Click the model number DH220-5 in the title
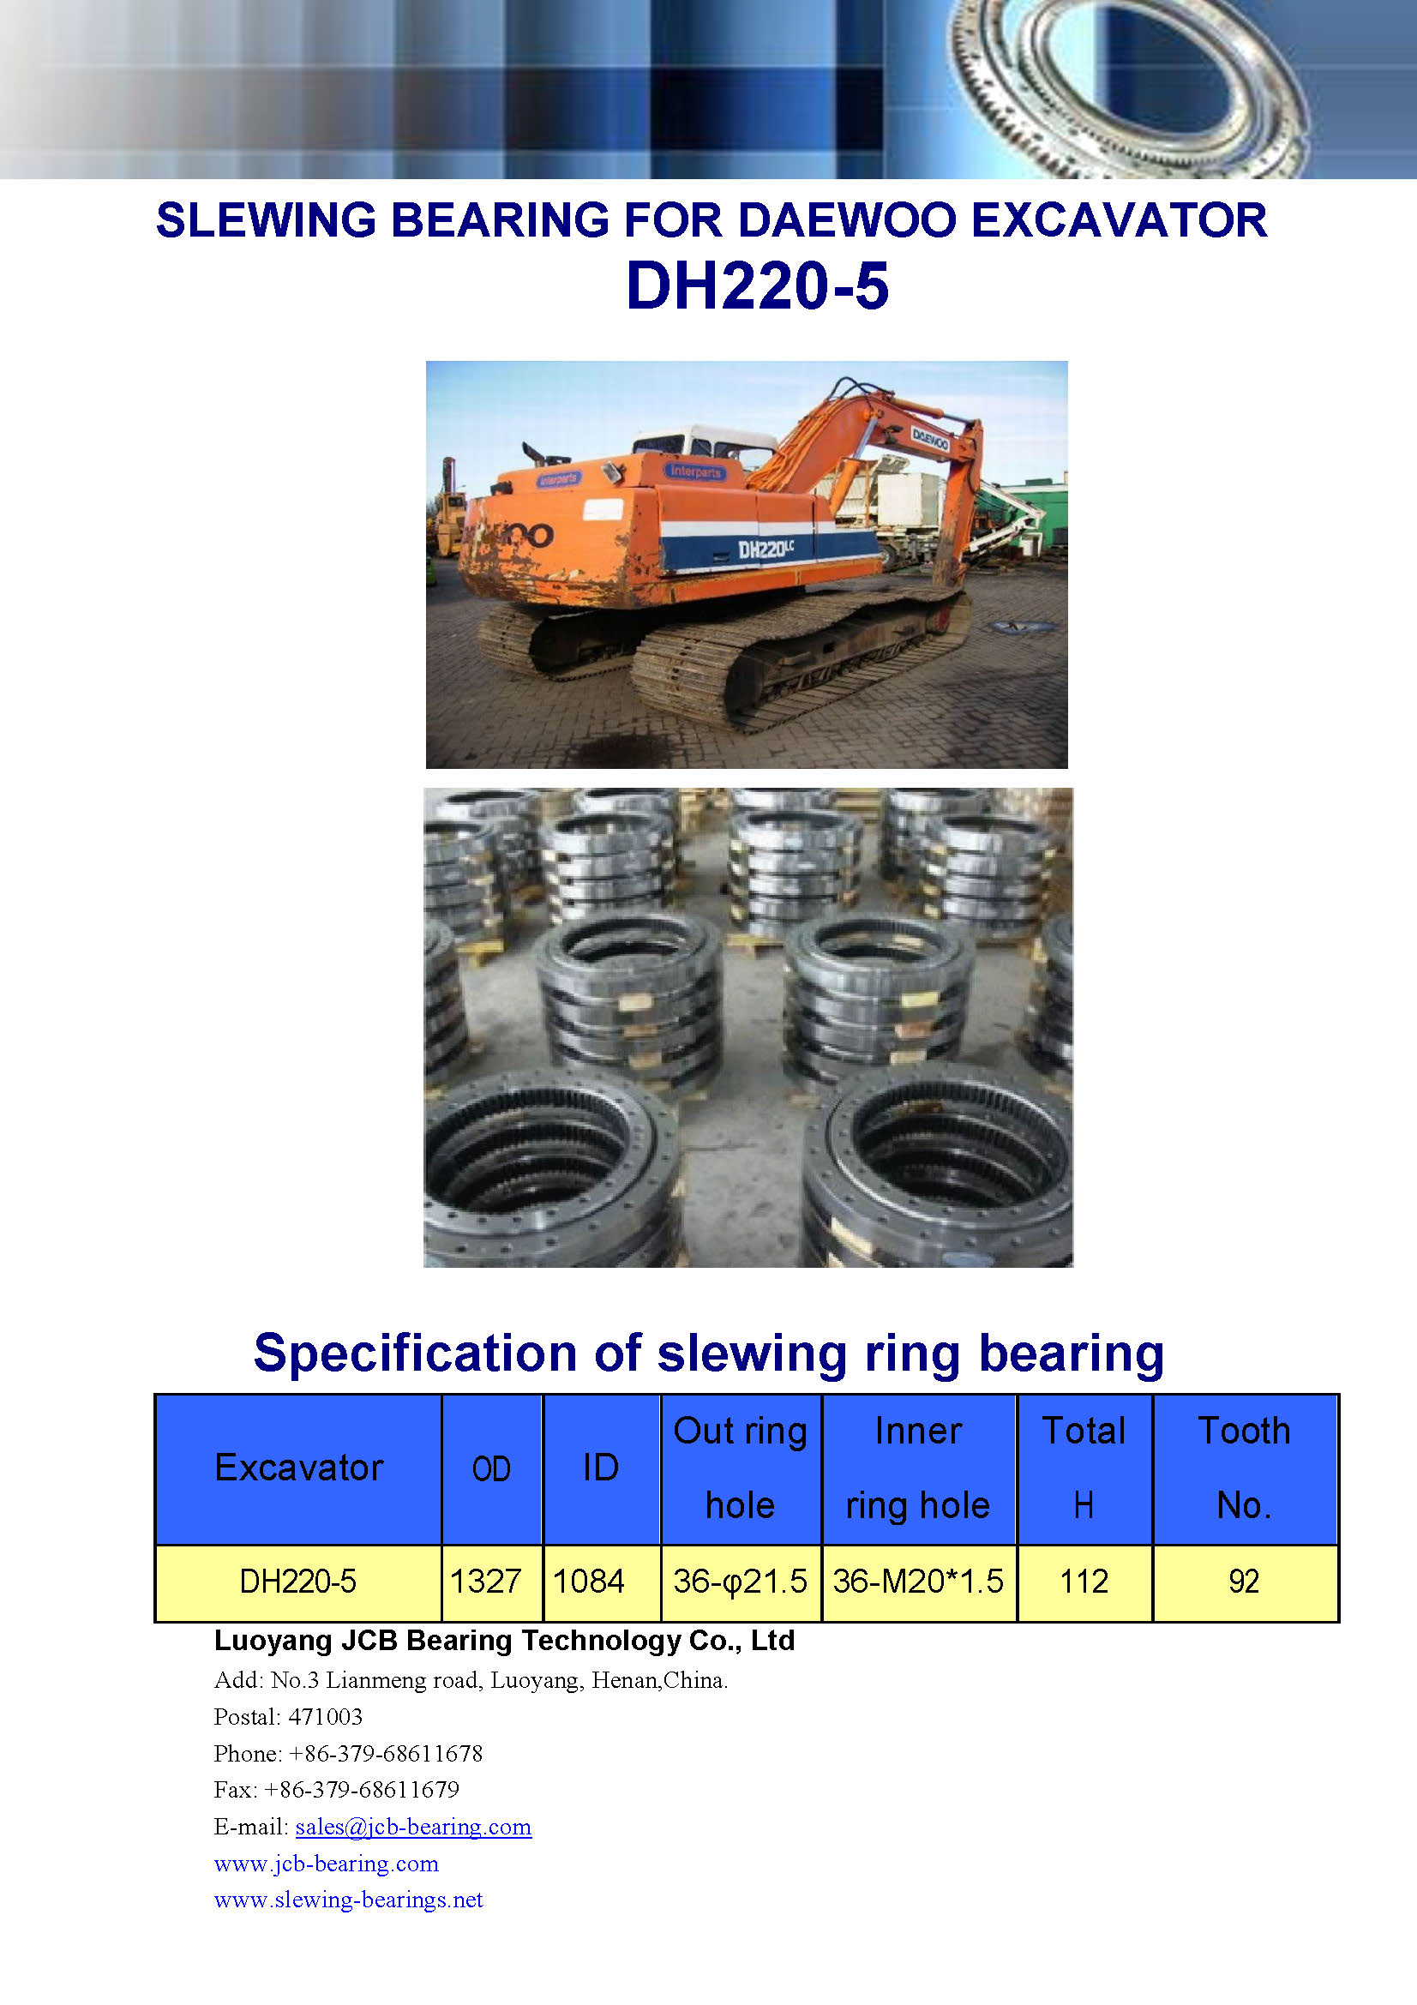[757, 285]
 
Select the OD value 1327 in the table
[485, 1582]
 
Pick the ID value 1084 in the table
[588, 1582]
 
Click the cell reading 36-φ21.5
[741, 1582]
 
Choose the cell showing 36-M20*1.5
[918, 1582]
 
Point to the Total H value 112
[1084, 1582]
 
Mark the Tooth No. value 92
[1244, 1582]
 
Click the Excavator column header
[298, 1468]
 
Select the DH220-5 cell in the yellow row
[297, 1582]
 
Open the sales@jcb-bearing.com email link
[413, 1827]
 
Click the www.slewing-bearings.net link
[348, 1900]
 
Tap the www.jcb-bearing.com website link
[327, 1864]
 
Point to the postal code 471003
[325, 1717]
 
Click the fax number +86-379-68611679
[362, 1790]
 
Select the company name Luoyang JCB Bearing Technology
[447, 1641]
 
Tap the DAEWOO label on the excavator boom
[930, 439]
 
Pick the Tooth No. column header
[1244, 1468]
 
